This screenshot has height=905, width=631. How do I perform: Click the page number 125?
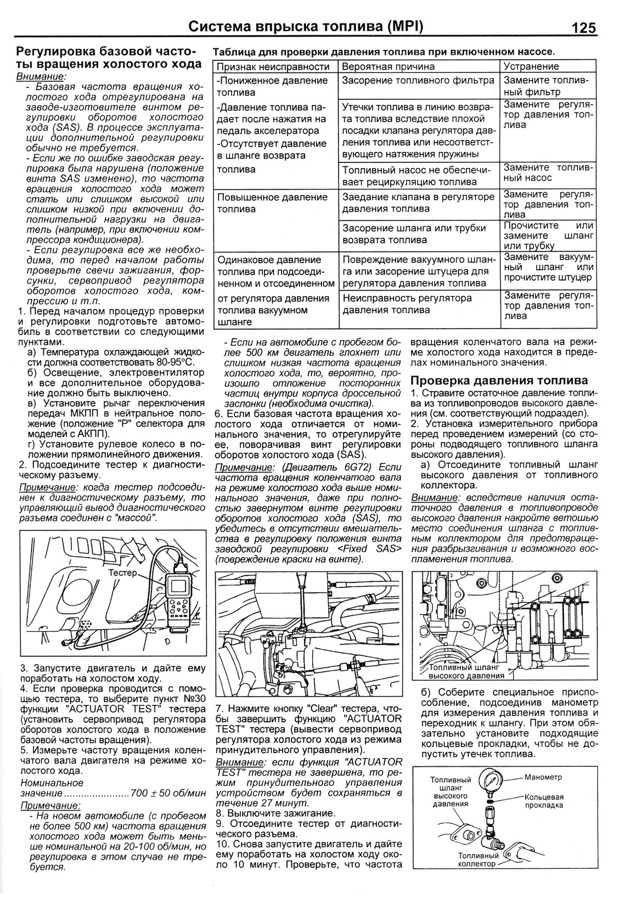[x=583, y=27]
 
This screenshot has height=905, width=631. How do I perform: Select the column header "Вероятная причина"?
[x=388, y=66]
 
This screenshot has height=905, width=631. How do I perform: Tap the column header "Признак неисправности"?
[x=273, y=66]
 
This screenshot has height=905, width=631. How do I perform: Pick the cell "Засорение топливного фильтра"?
[x=418, y=80]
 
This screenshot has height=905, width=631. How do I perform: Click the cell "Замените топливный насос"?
[x=548, y=172]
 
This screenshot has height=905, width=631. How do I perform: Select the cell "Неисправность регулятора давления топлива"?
[x=407, y=304]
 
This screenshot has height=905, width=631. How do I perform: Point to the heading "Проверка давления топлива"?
[x=499, y=380]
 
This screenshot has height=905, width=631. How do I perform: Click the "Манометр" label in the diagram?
[x=543, y=777]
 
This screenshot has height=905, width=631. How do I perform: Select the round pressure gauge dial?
[x=489, y=780]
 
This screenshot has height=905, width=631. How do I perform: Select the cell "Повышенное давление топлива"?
[x=272, y=203]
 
